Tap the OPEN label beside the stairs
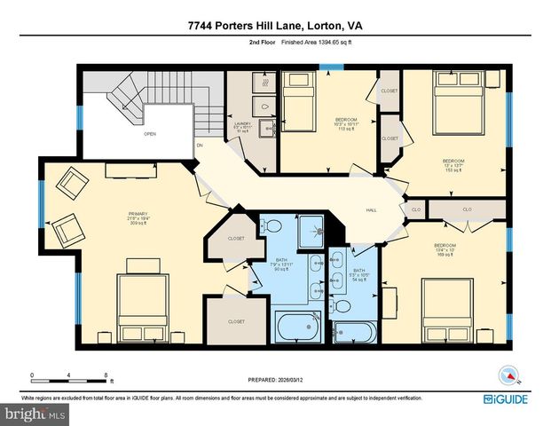click(x=150, y=135)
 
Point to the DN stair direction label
click(x=200, y=145)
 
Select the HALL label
click(x=373, y=210)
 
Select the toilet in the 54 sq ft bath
click(x=342, y=307)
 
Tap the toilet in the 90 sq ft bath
click(x=274, y=226)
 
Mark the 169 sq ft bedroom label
click(x=445, y=249)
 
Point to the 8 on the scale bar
click(x=106, y=376)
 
